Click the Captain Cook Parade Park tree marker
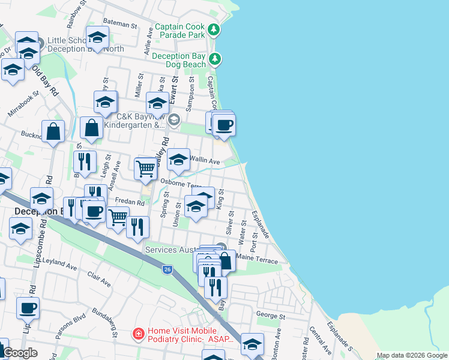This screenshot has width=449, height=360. (213, 29)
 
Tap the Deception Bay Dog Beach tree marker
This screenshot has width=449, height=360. (215, 59)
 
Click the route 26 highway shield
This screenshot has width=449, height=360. (167, 270)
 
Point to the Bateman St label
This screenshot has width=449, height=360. (120, 23)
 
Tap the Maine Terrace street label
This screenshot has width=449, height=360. (258, 260)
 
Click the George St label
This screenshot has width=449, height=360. (270, 315)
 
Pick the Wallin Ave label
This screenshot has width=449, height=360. (205, 161)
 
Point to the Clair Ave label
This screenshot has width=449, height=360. (99, 278)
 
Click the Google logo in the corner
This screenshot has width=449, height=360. (20, 353)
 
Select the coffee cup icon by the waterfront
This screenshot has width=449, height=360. (224, 125)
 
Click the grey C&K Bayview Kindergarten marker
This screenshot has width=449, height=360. (174, 119)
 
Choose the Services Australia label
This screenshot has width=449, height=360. (181, 249)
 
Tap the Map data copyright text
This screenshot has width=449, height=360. (412, 355)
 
